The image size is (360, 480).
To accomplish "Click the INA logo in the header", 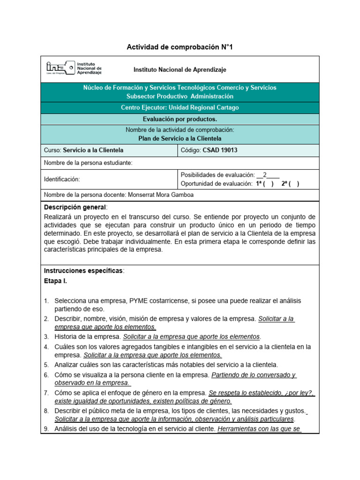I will (x=73, y=68).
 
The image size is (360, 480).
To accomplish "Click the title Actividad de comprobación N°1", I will (x=180, y=47).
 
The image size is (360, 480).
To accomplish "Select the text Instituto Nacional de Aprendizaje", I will (x=180, y=69).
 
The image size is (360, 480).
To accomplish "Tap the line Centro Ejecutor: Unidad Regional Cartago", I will (x=180, y=107).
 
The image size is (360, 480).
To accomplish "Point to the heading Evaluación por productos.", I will (x=180, y=119).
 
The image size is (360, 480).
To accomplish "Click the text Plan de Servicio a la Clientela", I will (x=180, y=138).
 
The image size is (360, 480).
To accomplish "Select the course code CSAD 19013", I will (x=221, y=150).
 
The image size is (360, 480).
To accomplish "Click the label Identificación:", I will (x=62, y=179).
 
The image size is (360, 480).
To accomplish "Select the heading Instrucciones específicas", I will (x=83, y=271).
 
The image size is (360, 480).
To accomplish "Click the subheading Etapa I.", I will (x=55, y=281).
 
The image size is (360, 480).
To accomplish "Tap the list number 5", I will (x=46, y=365).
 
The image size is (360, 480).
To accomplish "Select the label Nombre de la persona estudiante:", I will (x=88, y=163).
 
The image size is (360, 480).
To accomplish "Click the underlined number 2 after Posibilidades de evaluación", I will (x=264, y=175).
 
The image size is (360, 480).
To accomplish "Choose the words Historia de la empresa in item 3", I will (x=88, y=337).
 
